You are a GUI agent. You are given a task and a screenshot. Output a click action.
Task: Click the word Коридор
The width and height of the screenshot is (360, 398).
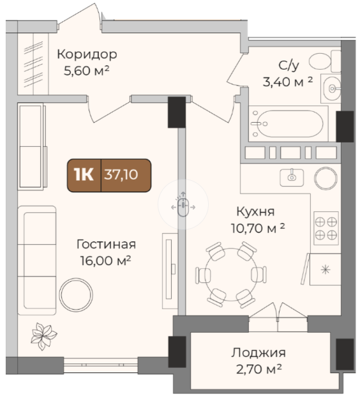tap(87, 54)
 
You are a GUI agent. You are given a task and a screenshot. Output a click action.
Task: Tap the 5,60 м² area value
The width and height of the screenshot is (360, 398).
tap(86, 70)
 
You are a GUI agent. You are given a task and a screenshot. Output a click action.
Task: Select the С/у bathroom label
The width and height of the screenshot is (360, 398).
tap(289, 66)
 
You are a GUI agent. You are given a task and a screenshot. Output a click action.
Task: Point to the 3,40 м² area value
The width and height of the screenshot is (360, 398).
tap(288, 82)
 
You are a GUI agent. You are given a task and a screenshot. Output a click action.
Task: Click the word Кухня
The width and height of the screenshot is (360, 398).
tap(255, 211)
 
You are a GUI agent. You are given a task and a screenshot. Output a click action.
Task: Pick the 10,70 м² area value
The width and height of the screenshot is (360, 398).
tap(258, 228)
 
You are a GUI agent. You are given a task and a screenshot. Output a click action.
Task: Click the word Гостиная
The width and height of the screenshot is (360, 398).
tap(106, 244)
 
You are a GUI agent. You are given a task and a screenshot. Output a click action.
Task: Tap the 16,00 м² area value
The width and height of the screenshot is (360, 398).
tap(105, 261)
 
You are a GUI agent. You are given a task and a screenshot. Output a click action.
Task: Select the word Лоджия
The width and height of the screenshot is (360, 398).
tap(259, 353)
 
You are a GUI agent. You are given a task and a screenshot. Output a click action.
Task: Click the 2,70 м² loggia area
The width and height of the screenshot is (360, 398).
tap(259, 369)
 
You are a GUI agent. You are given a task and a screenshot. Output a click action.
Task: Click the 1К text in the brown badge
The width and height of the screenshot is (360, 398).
tap(84, 174)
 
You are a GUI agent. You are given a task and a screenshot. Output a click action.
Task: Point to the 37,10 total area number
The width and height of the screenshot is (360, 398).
tap(121, 174)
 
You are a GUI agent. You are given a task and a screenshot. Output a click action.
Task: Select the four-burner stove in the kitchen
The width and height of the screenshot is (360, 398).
tap(326, 228)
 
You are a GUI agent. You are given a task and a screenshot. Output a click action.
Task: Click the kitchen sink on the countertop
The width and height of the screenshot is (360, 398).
tap(292, 178)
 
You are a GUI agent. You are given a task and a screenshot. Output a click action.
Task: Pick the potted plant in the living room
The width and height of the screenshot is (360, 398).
tap(43, 337)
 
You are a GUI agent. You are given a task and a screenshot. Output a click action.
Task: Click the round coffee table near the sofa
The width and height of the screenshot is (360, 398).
tap(76, 295)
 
